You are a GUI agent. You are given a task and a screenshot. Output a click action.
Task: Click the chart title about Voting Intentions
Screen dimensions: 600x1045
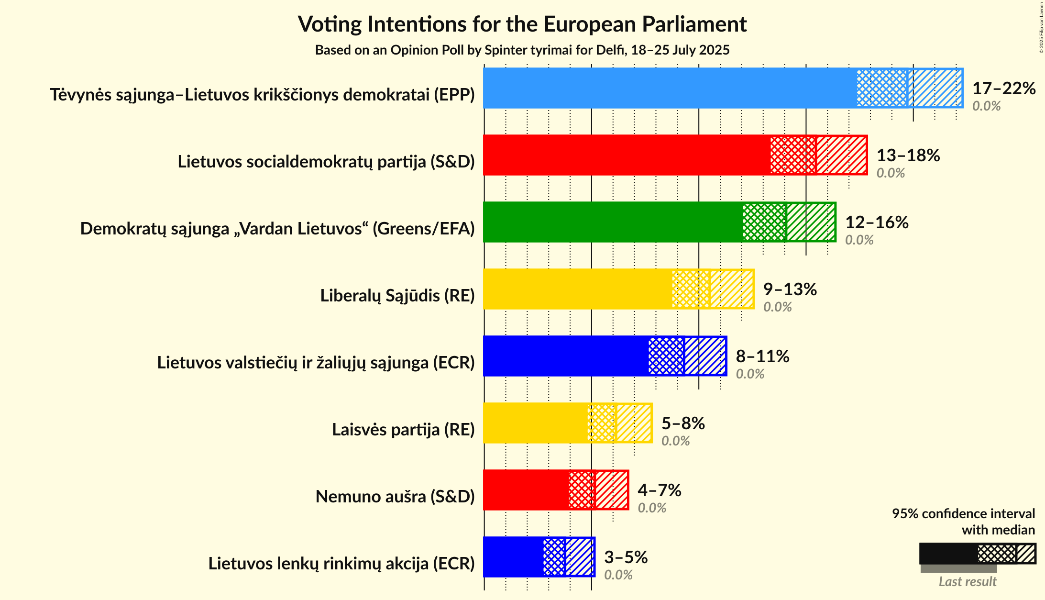coord(522,24)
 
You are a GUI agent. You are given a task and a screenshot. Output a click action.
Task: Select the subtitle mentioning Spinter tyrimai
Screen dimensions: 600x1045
coord(522,50)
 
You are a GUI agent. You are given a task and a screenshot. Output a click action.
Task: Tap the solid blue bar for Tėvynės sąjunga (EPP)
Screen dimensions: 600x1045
coord(670,88)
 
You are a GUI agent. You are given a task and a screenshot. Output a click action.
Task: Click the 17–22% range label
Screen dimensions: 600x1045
coord(1004,89)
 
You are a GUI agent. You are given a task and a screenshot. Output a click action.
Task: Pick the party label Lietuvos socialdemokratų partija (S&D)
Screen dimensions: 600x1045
coord(326,162)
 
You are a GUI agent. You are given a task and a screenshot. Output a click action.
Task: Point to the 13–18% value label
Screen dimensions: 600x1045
coord(908,156)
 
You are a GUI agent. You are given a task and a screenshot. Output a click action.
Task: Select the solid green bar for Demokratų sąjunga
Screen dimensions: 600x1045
coord(612,222)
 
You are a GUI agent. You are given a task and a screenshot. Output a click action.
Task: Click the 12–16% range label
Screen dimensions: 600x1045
coord(877,222)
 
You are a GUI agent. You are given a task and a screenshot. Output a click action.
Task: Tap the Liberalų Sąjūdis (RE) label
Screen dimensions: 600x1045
coord(397,296)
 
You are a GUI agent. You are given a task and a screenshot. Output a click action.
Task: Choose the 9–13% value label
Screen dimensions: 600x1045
coord(790,289)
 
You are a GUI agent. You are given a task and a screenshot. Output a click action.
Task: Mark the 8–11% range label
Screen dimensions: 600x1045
coord(762,356)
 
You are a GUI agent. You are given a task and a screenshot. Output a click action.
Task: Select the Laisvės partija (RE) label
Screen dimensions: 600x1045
coord(403,430)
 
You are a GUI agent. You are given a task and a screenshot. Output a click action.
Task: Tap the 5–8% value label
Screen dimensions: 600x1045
coord(683,423)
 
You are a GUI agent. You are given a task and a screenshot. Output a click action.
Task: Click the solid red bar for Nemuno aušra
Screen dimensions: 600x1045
coord(526,490)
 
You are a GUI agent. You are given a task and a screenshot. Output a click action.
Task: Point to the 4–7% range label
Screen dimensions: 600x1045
coord(659,490)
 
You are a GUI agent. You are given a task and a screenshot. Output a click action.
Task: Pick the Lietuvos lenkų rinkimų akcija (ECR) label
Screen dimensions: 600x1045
coord(341,564)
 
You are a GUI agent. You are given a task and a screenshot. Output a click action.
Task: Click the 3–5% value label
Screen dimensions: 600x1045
coord(626,557)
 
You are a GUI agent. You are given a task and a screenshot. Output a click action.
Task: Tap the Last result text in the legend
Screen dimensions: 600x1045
coord(967,582)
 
